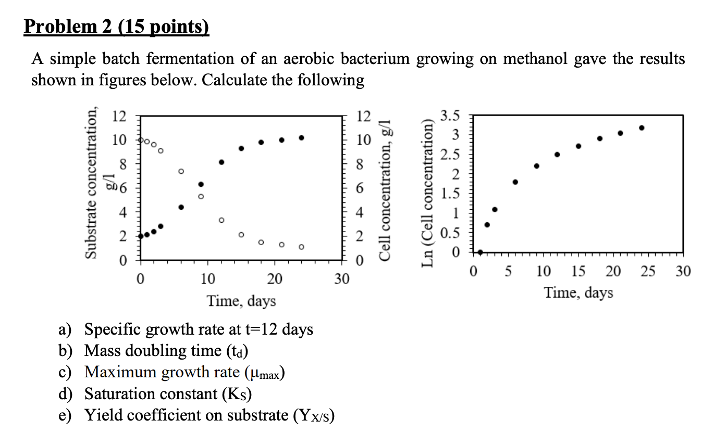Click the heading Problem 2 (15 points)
point(116,27)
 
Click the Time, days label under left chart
point(241,301)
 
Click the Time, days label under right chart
point(578,293)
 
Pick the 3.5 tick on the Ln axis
point(450,116)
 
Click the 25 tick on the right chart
point(648,271)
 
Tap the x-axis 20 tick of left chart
point(275,279)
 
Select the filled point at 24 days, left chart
point(301,138)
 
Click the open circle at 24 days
point(301,247)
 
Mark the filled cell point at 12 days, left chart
point(221,162)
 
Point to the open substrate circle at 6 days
point(181,171)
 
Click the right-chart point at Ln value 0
point(480,252)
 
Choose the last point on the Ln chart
point(642,128)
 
